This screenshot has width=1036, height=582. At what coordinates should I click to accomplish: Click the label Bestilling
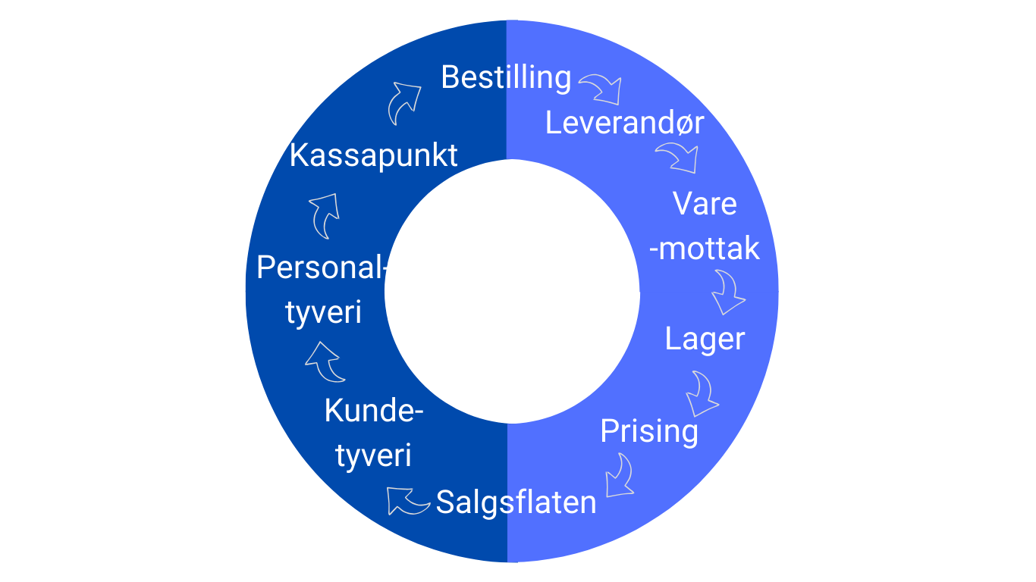point(505,77)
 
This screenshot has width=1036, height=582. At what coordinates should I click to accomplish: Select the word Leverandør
point(624,124)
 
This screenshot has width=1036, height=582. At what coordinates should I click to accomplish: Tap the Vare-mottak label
point(705,226)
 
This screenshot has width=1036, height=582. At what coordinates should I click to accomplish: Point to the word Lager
point(705,339)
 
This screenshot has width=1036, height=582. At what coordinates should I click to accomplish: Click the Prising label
point(648,431)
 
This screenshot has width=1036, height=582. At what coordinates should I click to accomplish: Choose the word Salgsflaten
point(516,502)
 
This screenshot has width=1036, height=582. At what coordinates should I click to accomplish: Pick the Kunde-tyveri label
point(373,433)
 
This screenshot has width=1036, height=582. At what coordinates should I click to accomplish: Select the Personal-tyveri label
point(322,290)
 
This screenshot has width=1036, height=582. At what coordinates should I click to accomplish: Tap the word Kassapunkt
point(374,155)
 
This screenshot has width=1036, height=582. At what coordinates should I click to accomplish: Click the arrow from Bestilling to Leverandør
point(602,89)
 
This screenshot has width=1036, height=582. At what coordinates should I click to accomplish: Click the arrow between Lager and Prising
point(702,393)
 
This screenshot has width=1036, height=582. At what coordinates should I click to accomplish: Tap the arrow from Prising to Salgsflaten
point(620,476)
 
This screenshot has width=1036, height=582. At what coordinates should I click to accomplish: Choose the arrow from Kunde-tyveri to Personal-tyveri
point(325,362)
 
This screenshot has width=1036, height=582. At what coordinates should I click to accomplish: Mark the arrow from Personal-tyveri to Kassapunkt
point(325,215)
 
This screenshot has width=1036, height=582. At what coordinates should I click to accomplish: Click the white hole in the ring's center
point(512,291)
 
